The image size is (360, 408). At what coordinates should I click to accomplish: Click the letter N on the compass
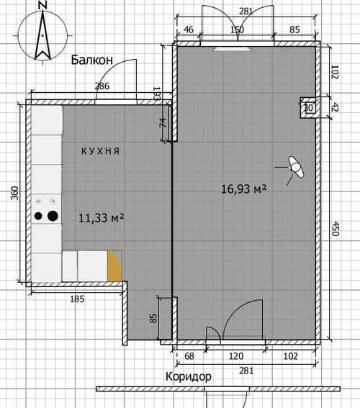click(x=42, y=5)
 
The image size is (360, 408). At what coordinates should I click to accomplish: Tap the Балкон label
click(x=92, y=60)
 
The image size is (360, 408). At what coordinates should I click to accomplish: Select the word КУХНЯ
click(x=101, y=151)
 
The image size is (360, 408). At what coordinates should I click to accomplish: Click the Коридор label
click(x=189, y=376)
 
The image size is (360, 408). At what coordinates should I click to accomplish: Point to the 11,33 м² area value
click(x=101, y=218)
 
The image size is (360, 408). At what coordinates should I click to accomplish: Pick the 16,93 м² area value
click(x=243, y=189)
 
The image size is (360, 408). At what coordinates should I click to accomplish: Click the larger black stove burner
click(x=53, y=216)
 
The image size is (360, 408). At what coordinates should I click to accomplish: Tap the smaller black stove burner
click(x=38, y=216)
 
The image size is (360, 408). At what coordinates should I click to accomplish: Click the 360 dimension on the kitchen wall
click(x=15, y=193)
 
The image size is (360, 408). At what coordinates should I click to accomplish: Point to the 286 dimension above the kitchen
click(x=102, y=86)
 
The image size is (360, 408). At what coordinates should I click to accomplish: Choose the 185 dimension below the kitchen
click(x=77, y=299)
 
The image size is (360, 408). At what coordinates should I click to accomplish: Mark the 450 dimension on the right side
click(x=336, y=229)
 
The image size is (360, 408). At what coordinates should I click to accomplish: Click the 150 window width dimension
click(x=237, y=30)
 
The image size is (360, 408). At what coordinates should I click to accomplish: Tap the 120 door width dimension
click(x=236, y=356)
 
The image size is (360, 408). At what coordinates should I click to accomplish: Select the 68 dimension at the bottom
click(x=189, y=356)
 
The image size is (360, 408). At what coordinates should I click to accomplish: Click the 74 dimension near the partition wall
click(x=162, y=122)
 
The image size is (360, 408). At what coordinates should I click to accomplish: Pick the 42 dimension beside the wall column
click(x=336, y=107)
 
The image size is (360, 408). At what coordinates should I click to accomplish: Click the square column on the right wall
click(x=308, y=107)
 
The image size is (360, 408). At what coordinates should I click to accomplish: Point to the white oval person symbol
click(x=296, y=168)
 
